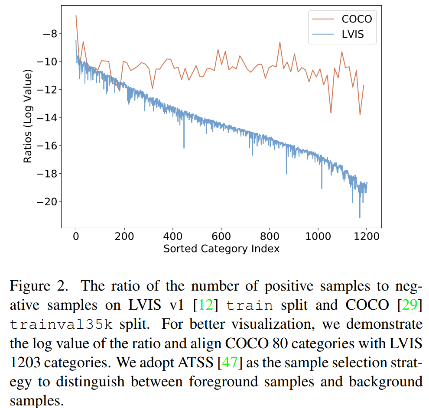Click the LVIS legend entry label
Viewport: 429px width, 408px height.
(353, 35)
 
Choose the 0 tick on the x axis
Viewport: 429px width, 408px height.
(76, 236)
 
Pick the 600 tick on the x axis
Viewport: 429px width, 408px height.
(221, 236)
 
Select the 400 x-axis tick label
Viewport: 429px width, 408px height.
(173, 236)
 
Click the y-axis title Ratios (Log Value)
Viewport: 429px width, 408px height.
(28, 118)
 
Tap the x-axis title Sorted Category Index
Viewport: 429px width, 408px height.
(221, 249)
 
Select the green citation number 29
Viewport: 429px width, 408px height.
(409, 305)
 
